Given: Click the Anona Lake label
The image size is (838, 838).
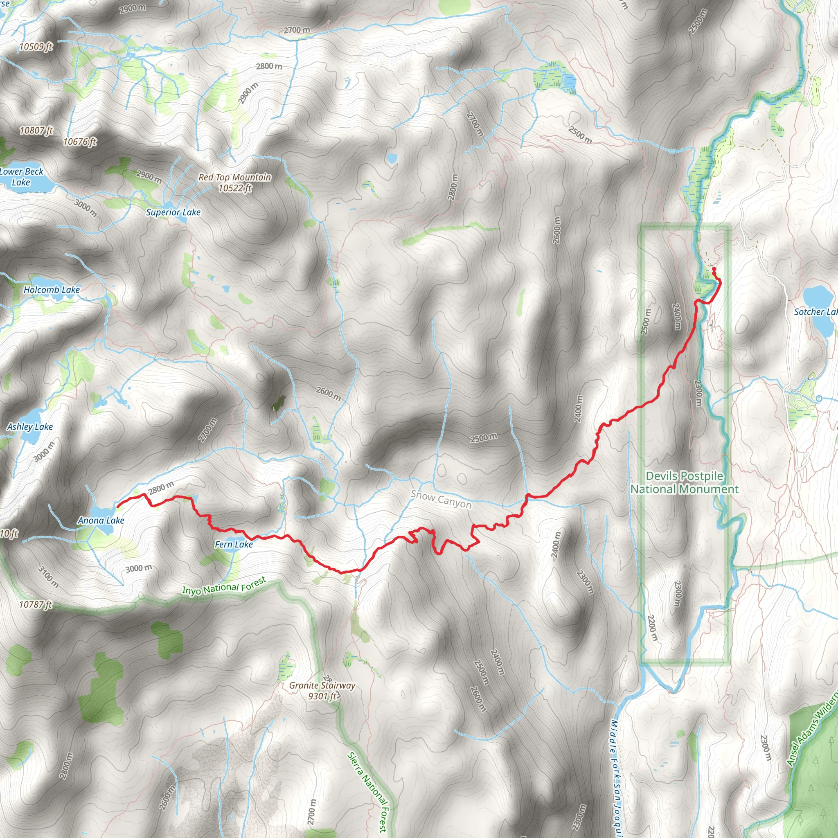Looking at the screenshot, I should [101, 520].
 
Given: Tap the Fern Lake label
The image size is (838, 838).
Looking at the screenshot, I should [233, 544].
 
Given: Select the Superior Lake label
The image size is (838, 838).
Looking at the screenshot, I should [173, 212].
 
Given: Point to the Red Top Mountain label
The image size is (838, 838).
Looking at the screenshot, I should [234, 182].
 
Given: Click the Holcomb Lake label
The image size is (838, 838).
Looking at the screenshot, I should [52, 290].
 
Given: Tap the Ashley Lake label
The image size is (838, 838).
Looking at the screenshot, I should [30, 427].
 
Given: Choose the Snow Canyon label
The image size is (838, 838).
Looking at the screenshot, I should [441, 499].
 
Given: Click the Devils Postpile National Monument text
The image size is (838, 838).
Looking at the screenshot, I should [684, 482].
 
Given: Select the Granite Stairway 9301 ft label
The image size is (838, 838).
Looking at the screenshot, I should [322, 691].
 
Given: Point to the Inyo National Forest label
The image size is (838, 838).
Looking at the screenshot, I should [224, 586].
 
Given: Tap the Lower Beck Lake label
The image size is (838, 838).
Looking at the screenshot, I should [21, 176].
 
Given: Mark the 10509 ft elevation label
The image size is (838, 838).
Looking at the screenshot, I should [36, 46].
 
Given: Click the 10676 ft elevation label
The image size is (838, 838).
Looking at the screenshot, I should [80, 142].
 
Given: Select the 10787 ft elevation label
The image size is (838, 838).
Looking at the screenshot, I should [36, 605].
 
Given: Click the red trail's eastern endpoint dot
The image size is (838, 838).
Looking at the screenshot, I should [714, 268].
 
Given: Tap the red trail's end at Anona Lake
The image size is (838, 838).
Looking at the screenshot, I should [118, 506].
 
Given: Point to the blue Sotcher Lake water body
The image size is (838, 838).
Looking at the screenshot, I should [817, 297].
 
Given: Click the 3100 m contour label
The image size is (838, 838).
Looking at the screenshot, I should [48, 577].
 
